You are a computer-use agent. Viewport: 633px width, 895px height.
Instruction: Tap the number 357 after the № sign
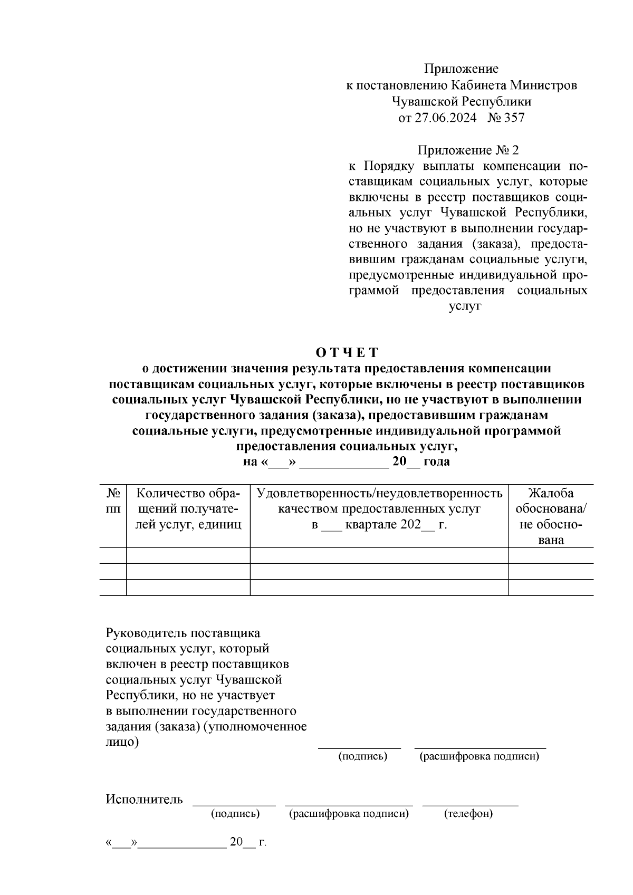coord(514,118)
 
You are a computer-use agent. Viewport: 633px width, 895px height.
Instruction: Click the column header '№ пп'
coord(113,501)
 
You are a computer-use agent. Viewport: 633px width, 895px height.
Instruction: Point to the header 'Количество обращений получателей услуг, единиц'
coord(188,509)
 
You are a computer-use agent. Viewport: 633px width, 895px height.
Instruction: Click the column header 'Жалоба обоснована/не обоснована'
coord(551,516)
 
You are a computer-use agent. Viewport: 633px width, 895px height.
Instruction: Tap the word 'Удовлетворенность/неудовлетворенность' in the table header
coord(379,494)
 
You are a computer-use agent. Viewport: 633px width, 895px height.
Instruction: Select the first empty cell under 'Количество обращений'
coord(188,555)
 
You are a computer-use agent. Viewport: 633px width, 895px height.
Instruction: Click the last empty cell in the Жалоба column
coord(551,588)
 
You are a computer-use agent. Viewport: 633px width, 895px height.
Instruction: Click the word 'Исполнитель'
coord(144,799)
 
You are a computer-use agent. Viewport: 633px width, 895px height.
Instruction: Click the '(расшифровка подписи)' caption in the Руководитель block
coord(479,757)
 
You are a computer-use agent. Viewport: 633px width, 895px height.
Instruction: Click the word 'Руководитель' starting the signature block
coord(141,633)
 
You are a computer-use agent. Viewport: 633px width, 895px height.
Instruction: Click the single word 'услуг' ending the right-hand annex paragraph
coord(465,306)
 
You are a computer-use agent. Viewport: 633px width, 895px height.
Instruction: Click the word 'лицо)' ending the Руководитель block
coord(122,742)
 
